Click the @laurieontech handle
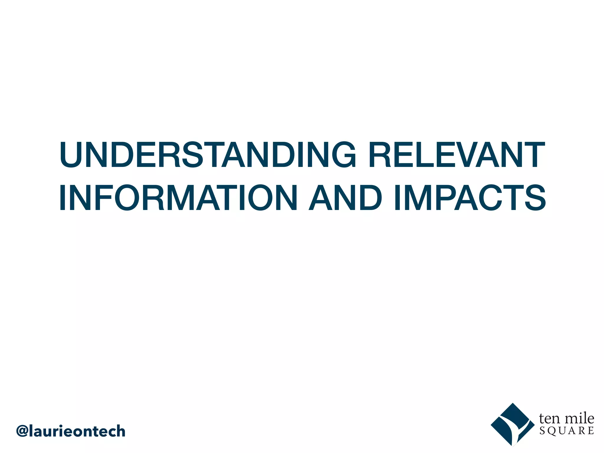click(71, 431)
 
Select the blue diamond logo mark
click(513, 425)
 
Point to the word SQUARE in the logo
click(567, 431)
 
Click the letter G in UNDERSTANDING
click(344, 155)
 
